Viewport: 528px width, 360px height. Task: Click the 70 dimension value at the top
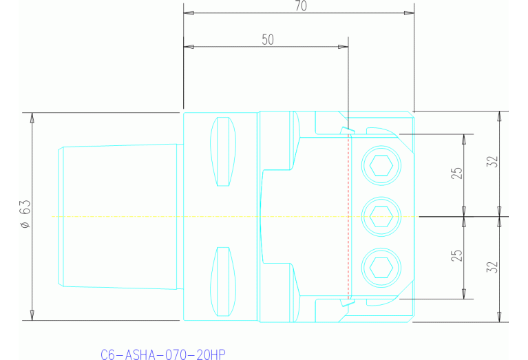300,6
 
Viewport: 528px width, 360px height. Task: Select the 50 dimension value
268,40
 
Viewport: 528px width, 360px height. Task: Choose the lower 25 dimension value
456,257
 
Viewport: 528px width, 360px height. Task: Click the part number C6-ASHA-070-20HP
162,354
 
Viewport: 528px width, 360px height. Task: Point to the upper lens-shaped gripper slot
222,151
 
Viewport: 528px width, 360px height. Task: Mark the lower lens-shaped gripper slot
222,281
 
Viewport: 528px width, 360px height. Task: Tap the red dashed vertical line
350,216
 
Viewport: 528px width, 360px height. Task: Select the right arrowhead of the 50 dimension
344,47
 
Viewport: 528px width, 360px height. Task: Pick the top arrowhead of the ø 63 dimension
32,117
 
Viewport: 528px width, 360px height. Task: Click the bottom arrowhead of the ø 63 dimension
32,315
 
